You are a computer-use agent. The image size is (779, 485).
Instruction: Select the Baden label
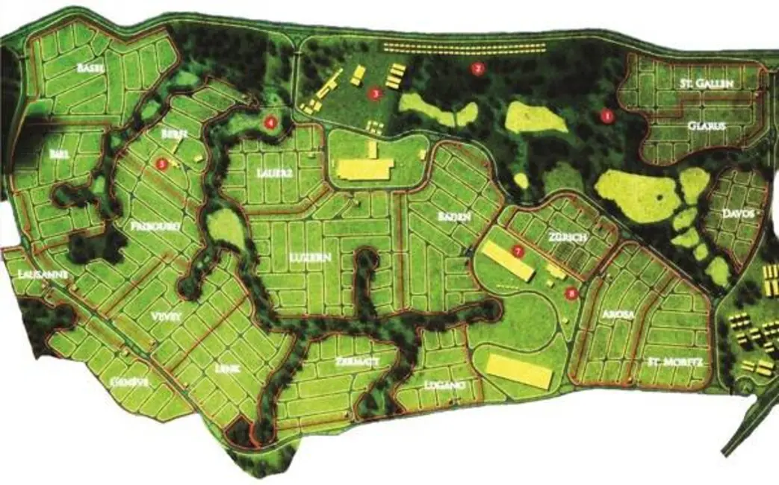(x=454, y=216)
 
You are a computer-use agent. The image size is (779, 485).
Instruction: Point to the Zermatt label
(x=349, y=362)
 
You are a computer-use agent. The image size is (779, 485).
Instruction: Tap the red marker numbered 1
(x=606, y=116)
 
